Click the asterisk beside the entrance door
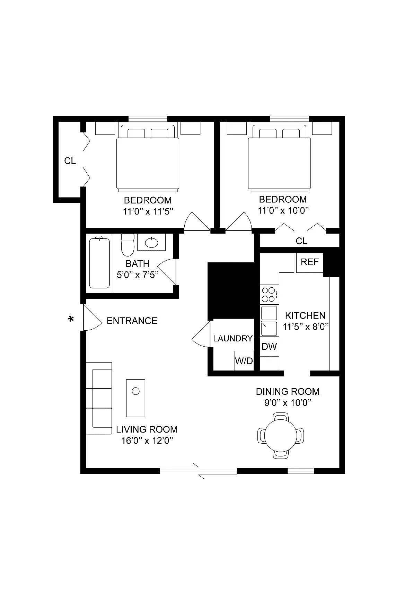tap(71, 319)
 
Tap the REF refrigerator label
tap(310, 262)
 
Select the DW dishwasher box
tap(269, 346)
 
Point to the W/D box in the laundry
tap(244, 360)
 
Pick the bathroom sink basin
tap(151, 243)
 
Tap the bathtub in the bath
tap(99, 263)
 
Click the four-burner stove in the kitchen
tap(269, 294)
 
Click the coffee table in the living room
tap(135, 398)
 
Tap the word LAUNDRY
tap(233, 338)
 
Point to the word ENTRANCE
tap(132, 321)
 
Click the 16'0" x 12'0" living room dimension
tap(147, 441)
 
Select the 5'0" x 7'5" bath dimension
tap(138, 275)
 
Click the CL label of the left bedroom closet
tap(70, 161)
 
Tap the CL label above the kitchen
tap(301, 241)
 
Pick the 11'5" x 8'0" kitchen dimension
tap(306, 327)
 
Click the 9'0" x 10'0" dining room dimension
tap(288, 402)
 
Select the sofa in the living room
tap(99, 398)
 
